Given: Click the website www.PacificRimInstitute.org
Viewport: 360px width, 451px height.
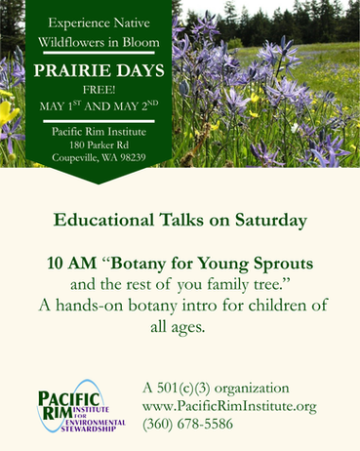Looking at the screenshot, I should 229,404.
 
